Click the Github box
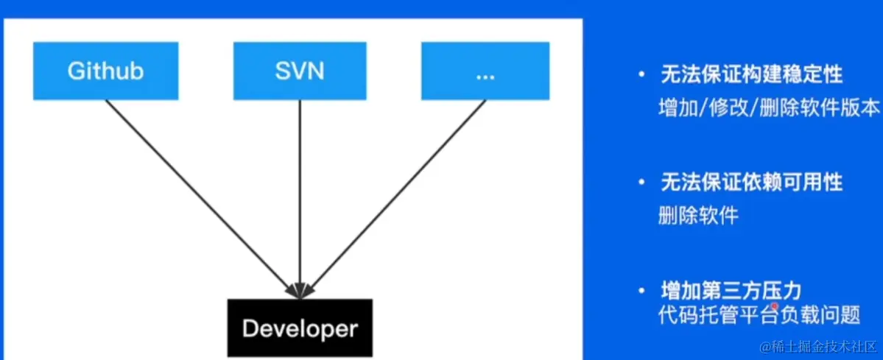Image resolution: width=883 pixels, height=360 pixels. [105, 71]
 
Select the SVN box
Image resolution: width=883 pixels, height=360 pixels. [300, 71]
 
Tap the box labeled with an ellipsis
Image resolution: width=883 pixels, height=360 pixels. [485, 71]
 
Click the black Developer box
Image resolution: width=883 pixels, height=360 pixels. [300, 328]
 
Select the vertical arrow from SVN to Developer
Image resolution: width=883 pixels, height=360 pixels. [300, 191]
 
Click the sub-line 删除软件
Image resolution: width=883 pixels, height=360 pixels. [698, 216]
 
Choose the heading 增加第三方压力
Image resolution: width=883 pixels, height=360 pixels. [730, 288]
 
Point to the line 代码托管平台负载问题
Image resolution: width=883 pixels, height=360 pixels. [759, 315]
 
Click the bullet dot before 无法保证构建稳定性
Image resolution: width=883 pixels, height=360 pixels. [642, 76]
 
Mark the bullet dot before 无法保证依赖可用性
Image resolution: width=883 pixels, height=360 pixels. [642, 183]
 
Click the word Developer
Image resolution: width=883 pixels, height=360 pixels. [300, 328]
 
